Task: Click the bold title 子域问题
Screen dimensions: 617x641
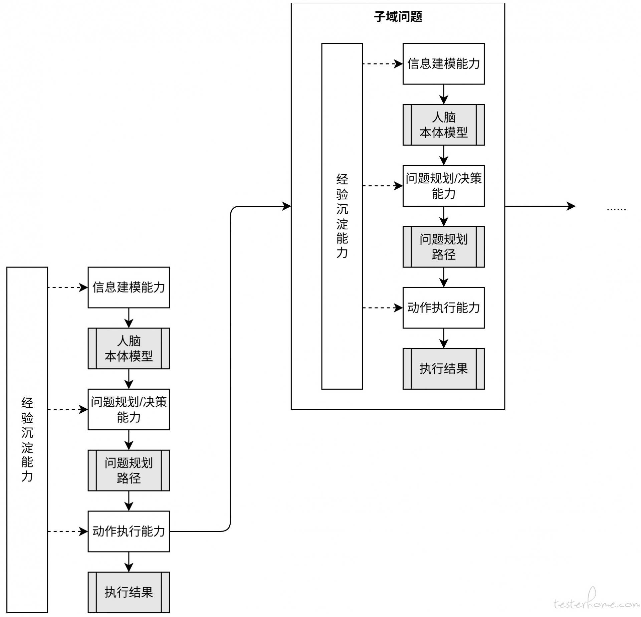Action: [x=398, y=16]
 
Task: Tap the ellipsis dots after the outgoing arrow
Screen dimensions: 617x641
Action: [x=616, y=209]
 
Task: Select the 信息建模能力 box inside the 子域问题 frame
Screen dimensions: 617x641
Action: [x=443, y=63]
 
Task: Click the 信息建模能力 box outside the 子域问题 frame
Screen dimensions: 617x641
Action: [x=129, y=287]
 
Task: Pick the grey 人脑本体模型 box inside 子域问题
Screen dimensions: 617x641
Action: [x=443, y=125]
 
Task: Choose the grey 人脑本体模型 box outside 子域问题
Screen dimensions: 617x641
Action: [x=129, y=348]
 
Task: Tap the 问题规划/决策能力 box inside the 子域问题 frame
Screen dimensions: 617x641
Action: [x=443, y=186]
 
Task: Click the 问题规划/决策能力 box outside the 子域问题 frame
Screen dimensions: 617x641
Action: [x=129, y=409]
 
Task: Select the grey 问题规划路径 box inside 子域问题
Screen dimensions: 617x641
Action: [x=443, y=247]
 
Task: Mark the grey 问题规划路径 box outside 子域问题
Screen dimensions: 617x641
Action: [x=129, y=470]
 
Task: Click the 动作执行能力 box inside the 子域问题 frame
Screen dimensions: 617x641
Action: [x=443, y=307]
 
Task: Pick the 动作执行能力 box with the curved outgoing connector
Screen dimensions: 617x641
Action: [x=129, y=531]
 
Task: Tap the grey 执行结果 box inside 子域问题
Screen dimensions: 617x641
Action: [x=443, y=369]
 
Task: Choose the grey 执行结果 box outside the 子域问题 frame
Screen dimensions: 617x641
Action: [x=129, y=592]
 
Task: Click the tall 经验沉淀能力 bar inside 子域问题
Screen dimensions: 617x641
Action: [x=342, y=216]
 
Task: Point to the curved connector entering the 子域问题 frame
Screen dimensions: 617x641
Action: [x=230, y=367]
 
